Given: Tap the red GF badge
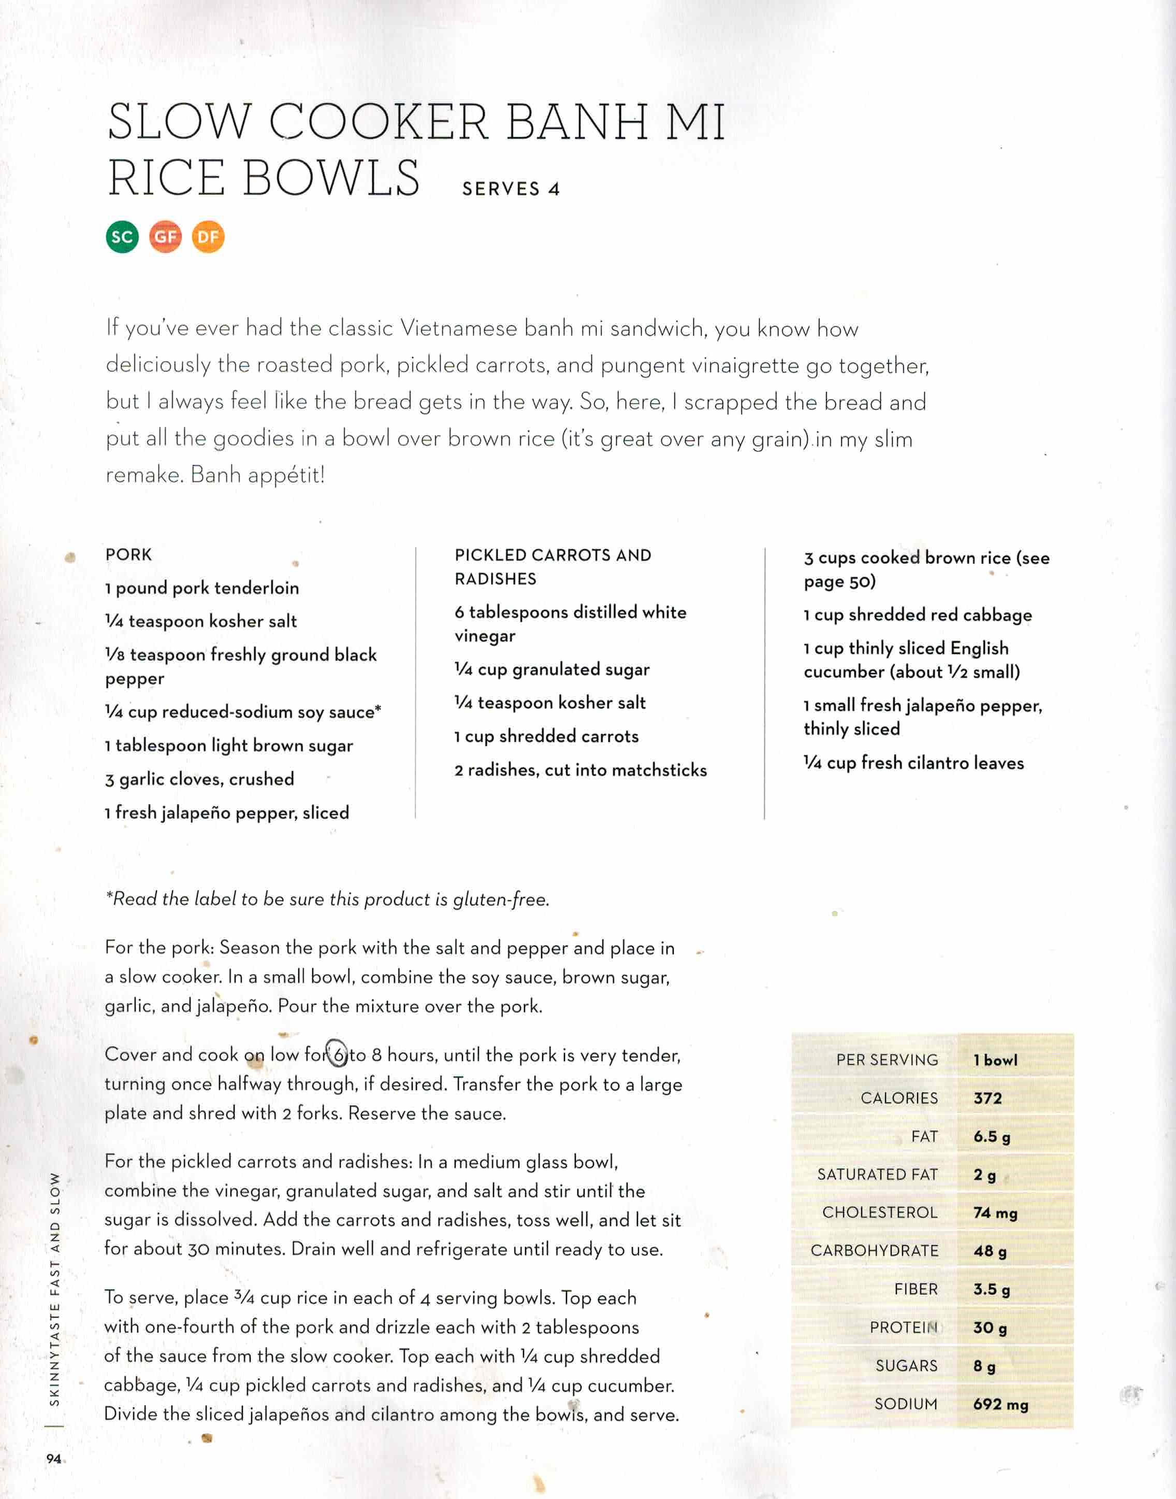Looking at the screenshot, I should (165, 237).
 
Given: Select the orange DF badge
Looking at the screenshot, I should (208, 237).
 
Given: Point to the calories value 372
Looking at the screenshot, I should (988, 1098).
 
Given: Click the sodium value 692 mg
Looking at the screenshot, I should (1000, 1404).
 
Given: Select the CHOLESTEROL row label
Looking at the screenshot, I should (879, 1212).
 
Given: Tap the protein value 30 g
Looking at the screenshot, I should (990, 1327).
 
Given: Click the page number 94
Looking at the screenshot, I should (54, 1459).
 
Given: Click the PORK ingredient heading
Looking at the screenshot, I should (129, 554).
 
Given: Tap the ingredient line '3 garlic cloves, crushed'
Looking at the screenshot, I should (200, 779).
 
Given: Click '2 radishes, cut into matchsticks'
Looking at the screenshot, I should (580, 770).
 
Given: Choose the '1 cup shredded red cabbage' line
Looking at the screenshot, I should (917, 615).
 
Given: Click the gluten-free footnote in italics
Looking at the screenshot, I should (327, 899).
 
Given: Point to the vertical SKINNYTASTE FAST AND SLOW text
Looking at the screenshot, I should (55, 1288).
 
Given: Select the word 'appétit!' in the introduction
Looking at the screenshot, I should (291, 475).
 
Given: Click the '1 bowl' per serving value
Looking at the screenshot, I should (995, 1060).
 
